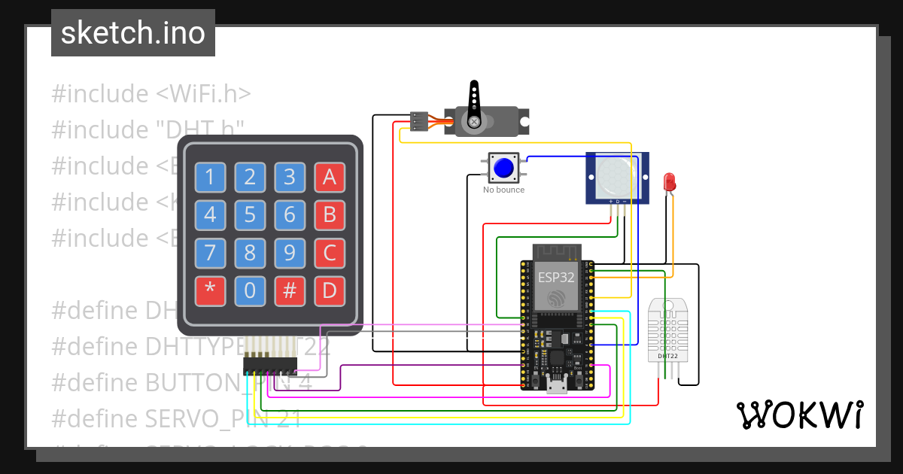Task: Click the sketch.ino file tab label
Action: coord(132,33)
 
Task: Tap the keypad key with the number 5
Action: coord(250,215)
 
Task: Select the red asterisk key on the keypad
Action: coord(210,291)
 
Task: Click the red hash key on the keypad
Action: coord(290,291)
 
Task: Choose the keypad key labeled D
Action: coord(329,291)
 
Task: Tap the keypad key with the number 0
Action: coord(250,291)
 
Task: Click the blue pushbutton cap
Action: coord(504,167)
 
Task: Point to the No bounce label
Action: coord(503,190)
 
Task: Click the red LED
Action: coord(669,182)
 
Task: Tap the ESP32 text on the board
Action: coord(556,277)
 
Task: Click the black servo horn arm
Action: coord(474,104)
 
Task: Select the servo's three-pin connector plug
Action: coord(419,121)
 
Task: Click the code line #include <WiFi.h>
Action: coord(151,94)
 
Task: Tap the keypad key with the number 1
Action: coord(210,178)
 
